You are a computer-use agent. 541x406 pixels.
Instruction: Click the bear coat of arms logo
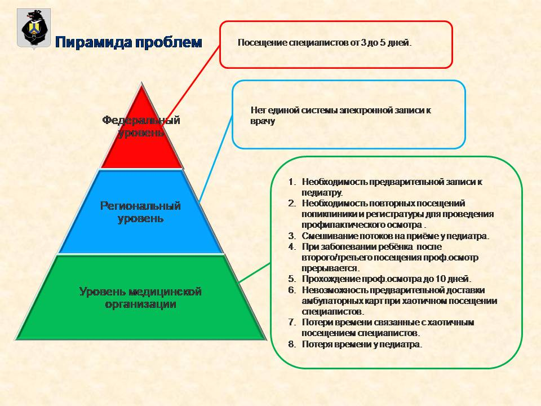pos(34,29)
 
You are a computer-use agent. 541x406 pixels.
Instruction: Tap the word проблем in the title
pos(168,43)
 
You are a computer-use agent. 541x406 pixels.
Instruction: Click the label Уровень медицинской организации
pos(140,298)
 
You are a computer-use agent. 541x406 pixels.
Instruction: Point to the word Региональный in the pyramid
pos(140,206)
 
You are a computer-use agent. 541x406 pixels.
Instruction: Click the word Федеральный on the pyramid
pos(141,120)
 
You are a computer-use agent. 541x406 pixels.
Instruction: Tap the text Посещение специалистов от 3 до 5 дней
pos(325,43)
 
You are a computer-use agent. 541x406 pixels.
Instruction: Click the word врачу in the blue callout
pos(263,122)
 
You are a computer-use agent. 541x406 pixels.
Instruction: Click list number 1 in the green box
pos(292,182)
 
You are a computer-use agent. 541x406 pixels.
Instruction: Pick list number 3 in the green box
pos(292,236)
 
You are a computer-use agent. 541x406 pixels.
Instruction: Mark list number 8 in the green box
pos(292,344)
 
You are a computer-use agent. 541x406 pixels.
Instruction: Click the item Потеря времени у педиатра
pos(362,344)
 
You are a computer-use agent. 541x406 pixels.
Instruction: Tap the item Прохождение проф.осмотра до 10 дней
pos(387,279)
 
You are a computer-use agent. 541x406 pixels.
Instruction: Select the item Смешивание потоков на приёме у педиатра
pos(396,236)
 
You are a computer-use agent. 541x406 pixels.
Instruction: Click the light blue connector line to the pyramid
pos(216,159)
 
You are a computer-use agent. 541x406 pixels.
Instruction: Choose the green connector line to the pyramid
pos(254,273)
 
